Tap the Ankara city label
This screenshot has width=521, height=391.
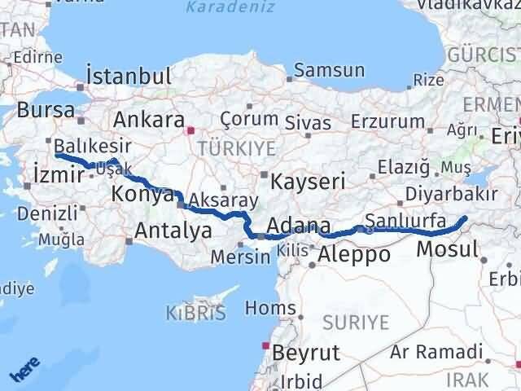tap(149, 119)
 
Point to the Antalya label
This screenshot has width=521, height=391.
tap(173, 231)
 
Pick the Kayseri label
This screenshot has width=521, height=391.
tap(309, 180)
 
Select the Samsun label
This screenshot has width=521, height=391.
tap(329, 70)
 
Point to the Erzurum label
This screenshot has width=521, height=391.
tap(388, 121)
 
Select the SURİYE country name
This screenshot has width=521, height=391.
tap(357, 323)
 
